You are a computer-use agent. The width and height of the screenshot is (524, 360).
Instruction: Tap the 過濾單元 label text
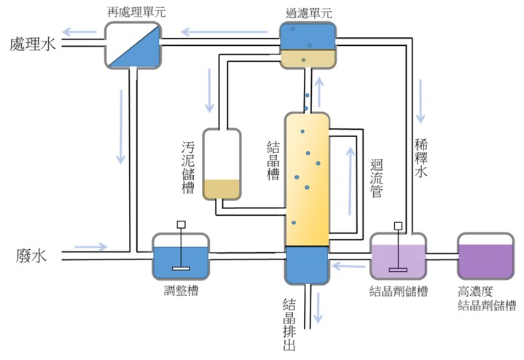[x=308, y=12]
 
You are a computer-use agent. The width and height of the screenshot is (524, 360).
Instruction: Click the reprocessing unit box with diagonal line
[x=132, y=44]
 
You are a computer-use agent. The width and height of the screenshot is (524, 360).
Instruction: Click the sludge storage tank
[x=222, y=164]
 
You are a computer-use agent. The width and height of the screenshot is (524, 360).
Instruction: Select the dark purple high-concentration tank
[x=485, y=256]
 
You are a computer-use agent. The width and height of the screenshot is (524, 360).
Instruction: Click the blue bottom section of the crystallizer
[x=307, y=265]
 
